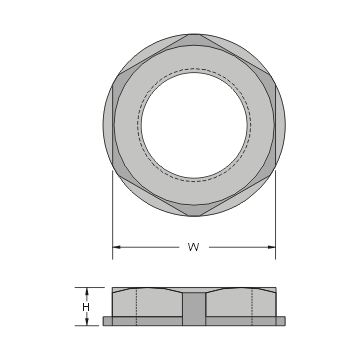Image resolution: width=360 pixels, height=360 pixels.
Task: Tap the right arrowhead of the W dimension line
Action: (x=272, y=246)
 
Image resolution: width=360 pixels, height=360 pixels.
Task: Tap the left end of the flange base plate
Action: (x=104, y=321)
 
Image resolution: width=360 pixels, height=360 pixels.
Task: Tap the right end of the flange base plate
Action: (x=284, y=321)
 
